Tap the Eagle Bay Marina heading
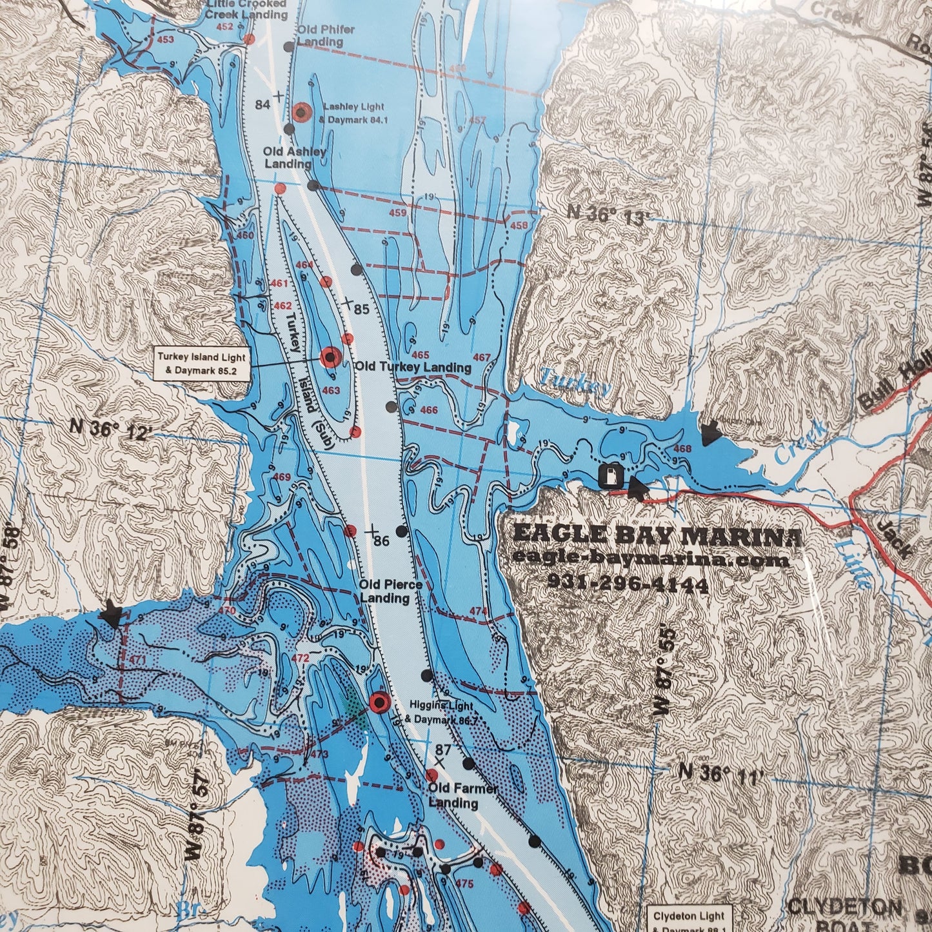pyautogui.click(x=657, y=537)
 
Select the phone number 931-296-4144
pyautogui.click(x=628, y=584)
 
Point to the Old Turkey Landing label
pyautogui.click(x=413, y=367)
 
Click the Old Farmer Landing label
pyautogui.click(x=453, y=796)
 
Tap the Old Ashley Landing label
pyautogui.click(x=294, y=157)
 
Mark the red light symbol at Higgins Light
pyautogui.click(x=379, y=701)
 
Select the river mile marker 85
pyautogui.click(x=361, y=310)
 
